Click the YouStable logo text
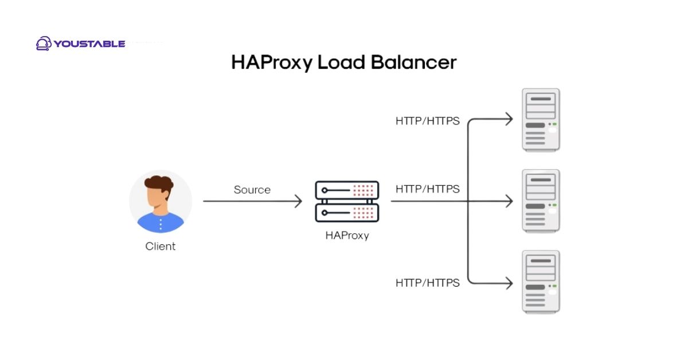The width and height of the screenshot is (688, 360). [x=89, y=44]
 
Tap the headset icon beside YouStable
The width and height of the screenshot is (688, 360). [x=44, y=44]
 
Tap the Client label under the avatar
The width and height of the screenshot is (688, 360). [x=160, y=246]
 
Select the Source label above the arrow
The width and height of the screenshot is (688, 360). [x=252, y=190]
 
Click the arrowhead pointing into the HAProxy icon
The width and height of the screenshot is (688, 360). [x=298, y=201]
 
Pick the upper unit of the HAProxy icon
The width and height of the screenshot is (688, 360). [x=347, y=190]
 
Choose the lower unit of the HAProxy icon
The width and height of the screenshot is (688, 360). [x=347, y=213]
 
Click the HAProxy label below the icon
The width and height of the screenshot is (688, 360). [x=347, y=235]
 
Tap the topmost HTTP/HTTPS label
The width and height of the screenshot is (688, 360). [x=427, y=121]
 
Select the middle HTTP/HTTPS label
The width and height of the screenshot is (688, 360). [x=427, y=189]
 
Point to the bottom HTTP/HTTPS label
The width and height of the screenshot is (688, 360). [x=427, y=283]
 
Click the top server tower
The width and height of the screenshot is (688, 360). [x=541, y=120]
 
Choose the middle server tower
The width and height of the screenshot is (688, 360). [x=541, y=201]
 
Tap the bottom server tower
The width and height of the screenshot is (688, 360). [x=541, y=281]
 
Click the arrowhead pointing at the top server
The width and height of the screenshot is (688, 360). [x=508, y=119]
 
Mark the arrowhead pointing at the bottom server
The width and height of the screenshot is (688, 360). [x=508, y=283]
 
